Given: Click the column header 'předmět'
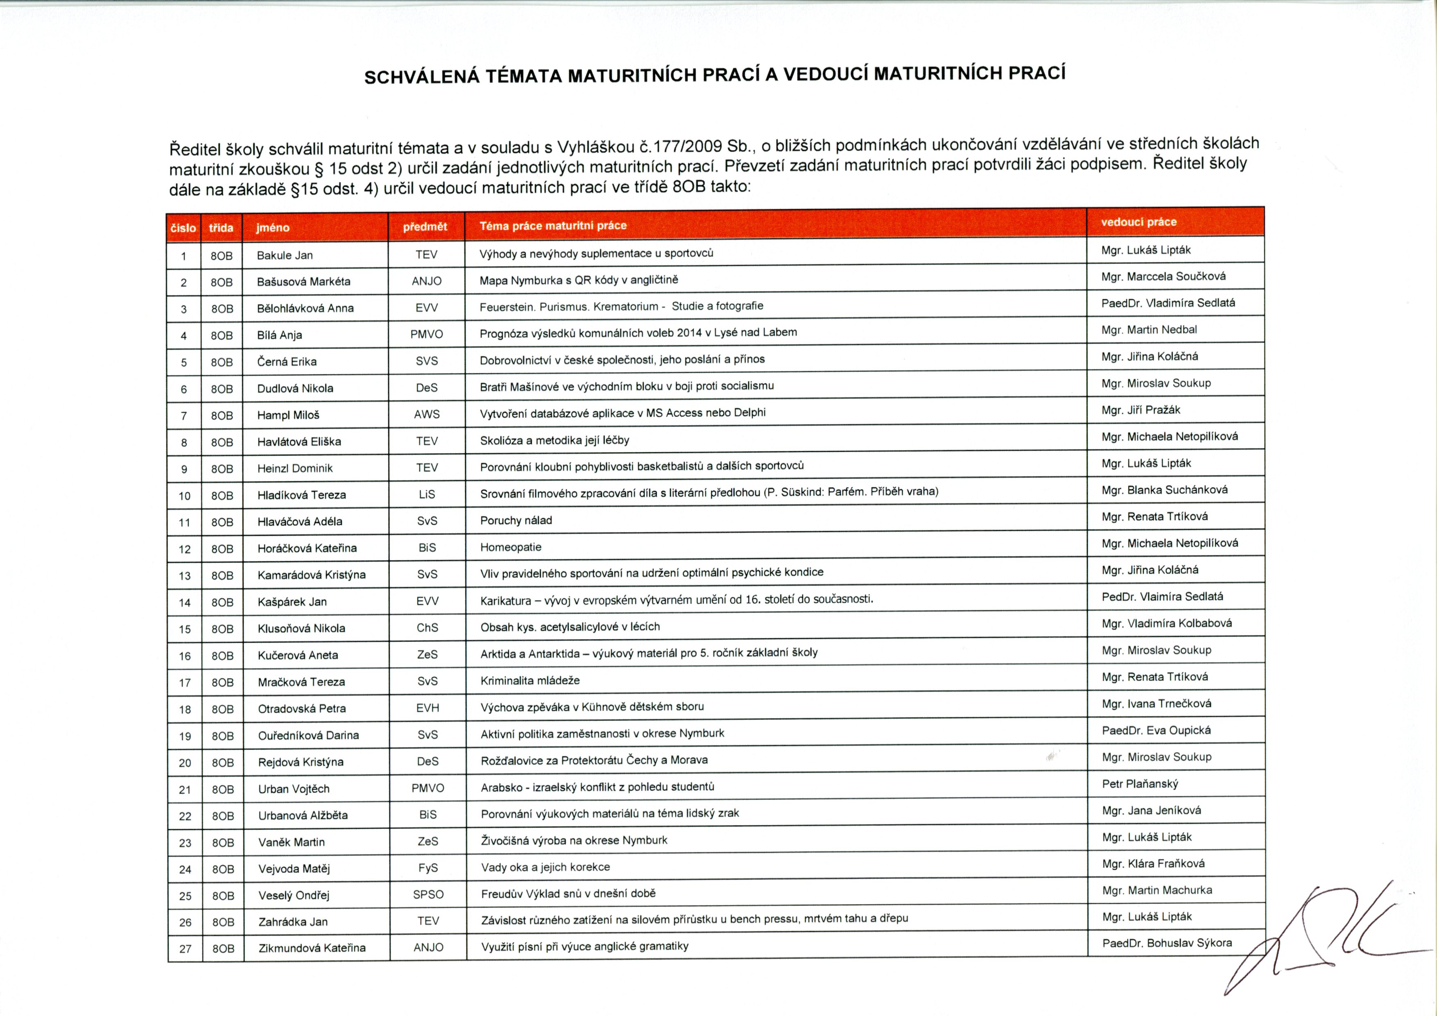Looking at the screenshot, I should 425,226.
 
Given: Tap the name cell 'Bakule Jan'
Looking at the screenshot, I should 285,256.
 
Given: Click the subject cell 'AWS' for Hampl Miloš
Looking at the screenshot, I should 427,414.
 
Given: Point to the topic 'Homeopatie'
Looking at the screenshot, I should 511,547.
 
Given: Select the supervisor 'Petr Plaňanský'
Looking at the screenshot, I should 1141,784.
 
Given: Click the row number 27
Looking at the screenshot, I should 185,948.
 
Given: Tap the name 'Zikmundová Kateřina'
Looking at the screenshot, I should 312,948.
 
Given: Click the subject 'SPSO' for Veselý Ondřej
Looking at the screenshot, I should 428,894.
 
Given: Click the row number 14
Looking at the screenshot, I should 185,603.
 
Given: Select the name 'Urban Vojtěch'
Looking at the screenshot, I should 294,789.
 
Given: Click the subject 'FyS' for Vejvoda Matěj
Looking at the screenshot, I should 428,868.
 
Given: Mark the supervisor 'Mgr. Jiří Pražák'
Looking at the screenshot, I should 1141,410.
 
